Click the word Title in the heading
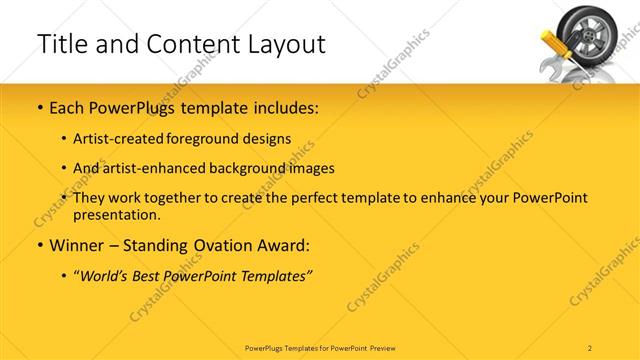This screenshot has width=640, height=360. pyautogui.click(x=63, y=44)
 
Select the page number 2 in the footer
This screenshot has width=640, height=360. pyautogui.click(x=590, y=347)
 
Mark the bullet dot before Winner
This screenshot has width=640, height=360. pyautogui.click(x=40, y=245)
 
